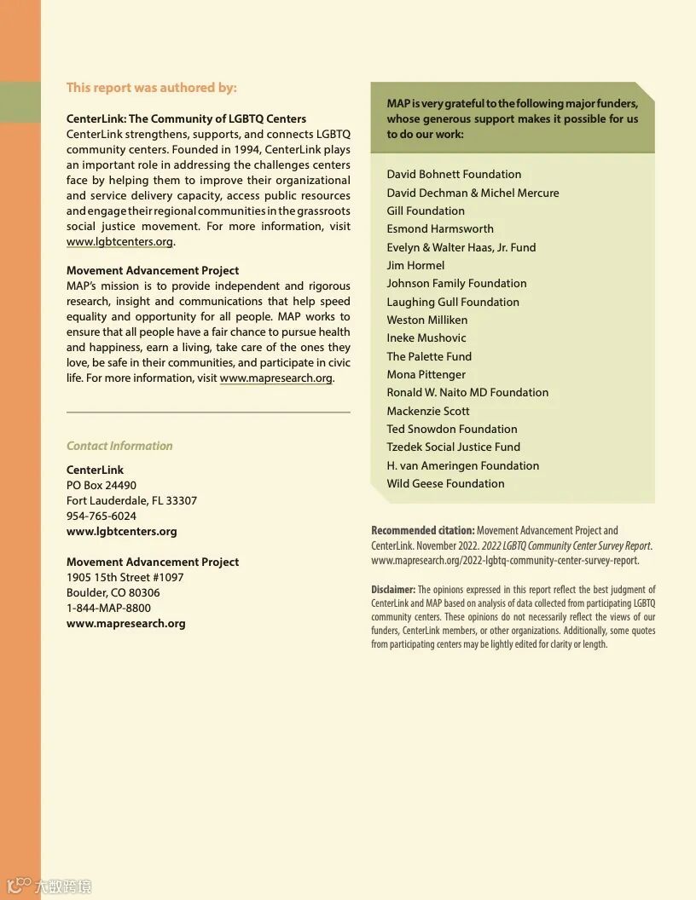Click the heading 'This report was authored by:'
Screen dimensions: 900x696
click(x=152, y=88)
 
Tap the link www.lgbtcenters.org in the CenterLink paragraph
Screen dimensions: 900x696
click(x=119, y=242)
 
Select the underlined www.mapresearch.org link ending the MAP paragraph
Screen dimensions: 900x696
click(x=275, y=378)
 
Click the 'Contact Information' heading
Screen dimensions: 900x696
click(x=119, y=446)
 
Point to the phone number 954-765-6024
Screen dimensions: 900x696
click(x=101, y=516)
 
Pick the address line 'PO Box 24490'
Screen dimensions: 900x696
click(x=101, y=485)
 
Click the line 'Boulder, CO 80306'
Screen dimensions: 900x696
click(x=113, y=592)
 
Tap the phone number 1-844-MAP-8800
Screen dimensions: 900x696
click(x=108, y=608)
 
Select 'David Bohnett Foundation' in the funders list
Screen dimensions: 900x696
click(x=454, y=174)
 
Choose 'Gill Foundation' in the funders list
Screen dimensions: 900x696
click(x=426, y=211)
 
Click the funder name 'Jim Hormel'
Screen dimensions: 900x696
click(x=415, y=265)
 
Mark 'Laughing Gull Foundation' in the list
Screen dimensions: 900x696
click(x=453, y=302)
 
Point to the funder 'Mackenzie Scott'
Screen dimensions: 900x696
click(x=428, y=411)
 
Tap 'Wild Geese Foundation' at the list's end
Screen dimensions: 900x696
click(x=445, y=483)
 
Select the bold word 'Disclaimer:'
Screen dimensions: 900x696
click(x=393, y=590)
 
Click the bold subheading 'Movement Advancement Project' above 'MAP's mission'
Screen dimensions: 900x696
click(x=153, y=271)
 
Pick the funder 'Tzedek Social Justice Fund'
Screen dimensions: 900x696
click(x=453, y=447)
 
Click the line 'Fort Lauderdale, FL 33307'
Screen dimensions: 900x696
click(x=131, y=500)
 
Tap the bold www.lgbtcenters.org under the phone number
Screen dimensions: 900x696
click(x=122, y=531)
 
